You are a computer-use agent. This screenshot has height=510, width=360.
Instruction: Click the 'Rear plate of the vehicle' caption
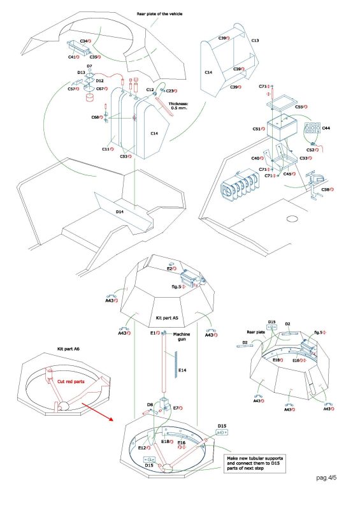(x=159, y=14)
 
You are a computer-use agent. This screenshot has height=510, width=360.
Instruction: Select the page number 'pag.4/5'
(x=326, y=477)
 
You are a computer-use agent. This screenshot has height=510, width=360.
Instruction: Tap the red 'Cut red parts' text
(x=71, y=381)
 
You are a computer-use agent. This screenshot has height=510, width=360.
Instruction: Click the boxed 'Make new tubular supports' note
(x=255, y=463)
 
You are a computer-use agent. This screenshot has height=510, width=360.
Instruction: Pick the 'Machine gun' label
(x=182, y=337)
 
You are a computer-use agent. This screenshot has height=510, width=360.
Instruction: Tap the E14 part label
(x=182, y=370)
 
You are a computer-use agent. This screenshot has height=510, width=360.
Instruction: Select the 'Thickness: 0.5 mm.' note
(x=178, y=106)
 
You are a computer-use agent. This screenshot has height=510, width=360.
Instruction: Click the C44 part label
(x=326, y=128)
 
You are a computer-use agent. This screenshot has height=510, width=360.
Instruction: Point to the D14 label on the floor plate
(x=120, y=212)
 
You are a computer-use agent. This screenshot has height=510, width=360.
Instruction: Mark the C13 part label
(x=256, y=41)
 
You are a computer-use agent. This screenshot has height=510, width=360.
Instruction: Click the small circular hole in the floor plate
(x=292, y=219)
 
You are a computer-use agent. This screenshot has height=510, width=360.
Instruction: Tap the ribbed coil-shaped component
(x=239, y=186)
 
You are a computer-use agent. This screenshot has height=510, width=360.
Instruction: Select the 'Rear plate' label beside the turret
(x=256, y=332)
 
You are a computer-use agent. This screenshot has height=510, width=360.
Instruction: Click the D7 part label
(x=89, y=66)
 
